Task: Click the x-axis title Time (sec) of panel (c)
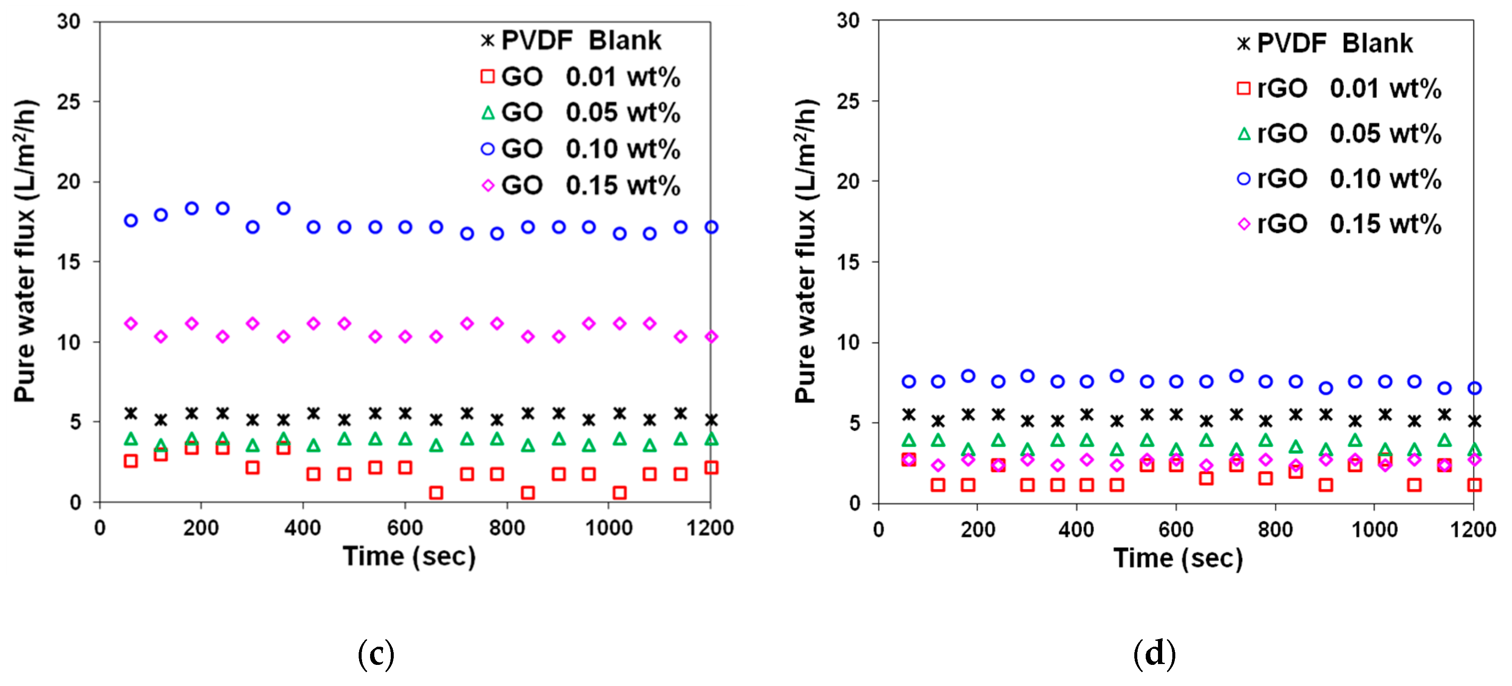(x=409, y=556)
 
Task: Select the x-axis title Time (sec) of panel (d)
(x=1178, y=558)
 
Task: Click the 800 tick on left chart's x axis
(x=507, y=528)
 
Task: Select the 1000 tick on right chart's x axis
(x=1374, y=530)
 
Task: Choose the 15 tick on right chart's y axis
(x=848, y=262)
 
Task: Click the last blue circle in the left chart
(x=711, y=227)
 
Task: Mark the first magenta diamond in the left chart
(x=131, y=323)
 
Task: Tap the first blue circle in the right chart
(x=909, y=381)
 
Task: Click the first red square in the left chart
(x=131, y=461)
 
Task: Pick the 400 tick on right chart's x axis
(x=1076, y=530)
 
